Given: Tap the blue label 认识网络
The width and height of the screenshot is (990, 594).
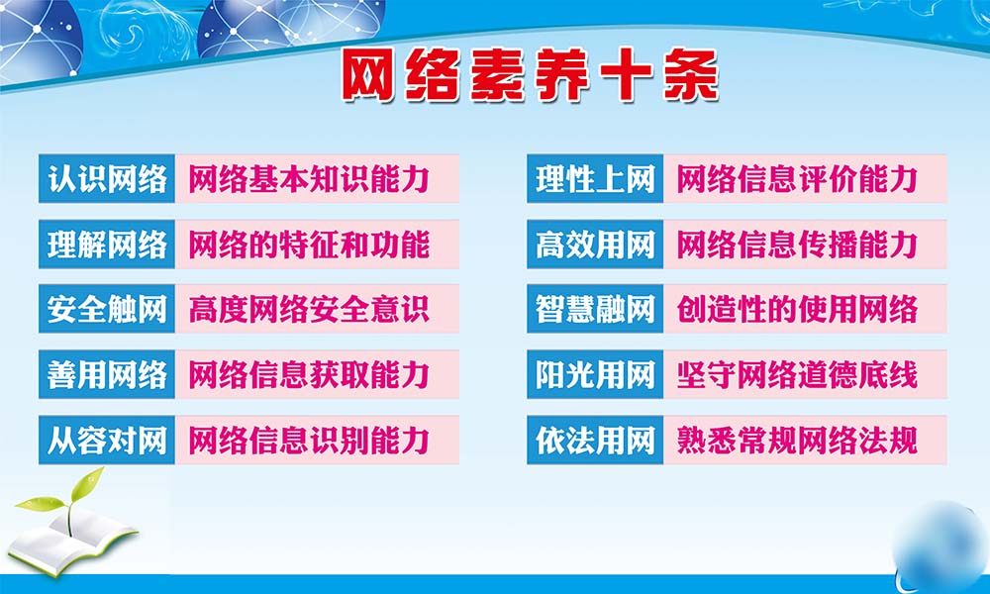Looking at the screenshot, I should point(107,179).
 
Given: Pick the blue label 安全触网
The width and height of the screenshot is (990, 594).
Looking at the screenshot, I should point(107,309).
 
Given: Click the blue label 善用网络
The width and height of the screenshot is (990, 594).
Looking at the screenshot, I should point(107,374).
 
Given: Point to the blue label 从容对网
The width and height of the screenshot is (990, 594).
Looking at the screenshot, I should point(107,440).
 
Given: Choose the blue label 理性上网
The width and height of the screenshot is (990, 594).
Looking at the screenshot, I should point(595,179).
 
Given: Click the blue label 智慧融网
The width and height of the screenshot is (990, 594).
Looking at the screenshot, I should point(595,309).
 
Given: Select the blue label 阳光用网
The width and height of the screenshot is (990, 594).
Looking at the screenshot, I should point(595,374).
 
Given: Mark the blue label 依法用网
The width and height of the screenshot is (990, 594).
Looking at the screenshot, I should point(595,440).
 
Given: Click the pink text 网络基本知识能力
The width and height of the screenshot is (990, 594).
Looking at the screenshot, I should point(308,179).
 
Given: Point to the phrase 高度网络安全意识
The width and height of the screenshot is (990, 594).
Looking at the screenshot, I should point(308,309).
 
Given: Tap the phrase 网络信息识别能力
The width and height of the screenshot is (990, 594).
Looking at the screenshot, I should point(308,440).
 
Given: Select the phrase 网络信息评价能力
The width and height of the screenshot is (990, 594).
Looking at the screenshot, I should point(797,179).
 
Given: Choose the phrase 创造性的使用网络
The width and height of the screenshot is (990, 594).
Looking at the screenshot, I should point(797,309).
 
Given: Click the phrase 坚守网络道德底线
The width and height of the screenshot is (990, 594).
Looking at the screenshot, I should point(797,374).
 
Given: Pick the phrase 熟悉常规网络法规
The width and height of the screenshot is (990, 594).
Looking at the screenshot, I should point(797,440).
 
